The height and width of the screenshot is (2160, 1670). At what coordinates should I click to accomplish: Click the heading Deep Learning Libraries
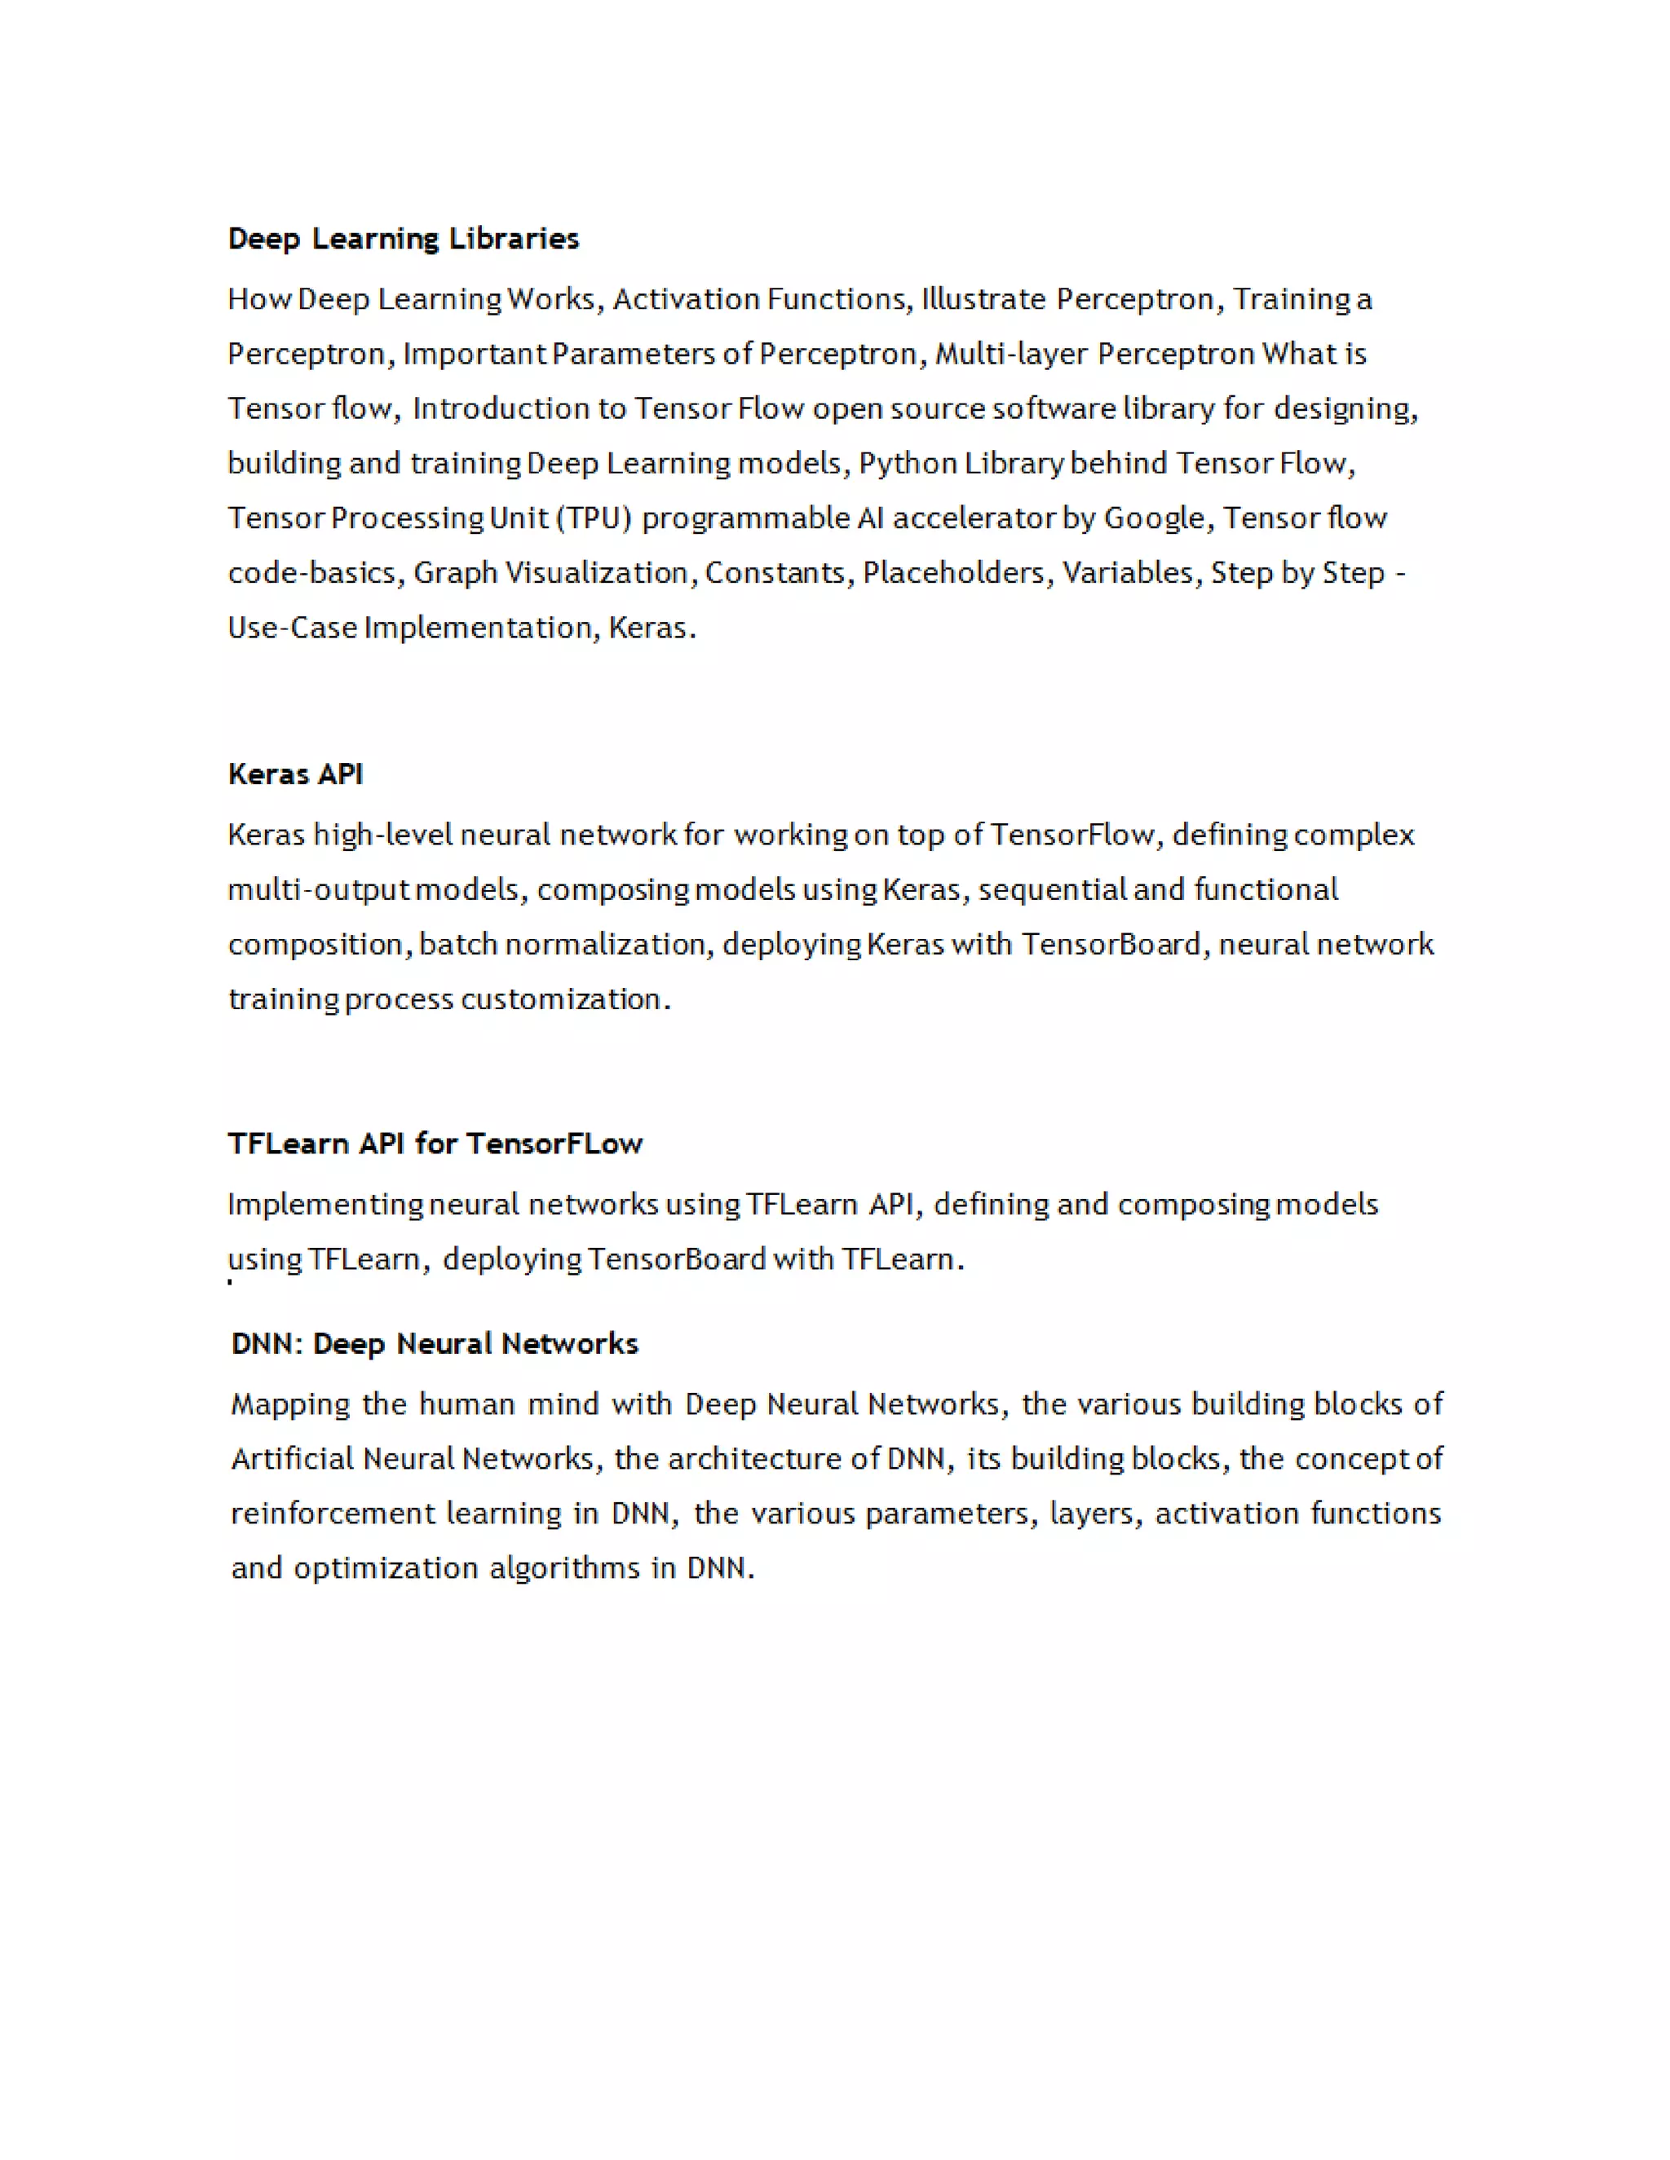403,238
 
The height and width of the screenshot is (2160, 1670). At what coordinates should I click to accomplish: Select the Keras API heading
295,774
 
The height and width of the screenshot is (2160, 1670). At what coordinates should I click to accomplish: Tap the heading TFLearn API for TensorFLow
435,1144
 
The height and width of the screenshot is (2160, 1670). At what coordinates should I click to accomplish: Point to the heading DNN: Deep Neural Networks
435,1344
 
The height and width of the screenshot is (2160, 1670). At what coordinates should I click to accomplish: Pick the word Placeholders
952,574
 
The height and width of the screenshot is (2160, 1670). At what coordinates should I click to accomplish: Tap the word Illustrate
983,298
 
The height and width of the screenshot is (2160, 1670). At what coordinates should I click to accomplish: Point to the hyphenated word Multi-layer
1011,354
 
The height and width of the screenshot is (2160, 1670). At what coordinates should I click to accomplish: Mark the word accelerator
974,518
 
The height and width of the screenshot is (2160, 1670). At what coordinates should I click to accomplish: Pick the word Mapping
289,1405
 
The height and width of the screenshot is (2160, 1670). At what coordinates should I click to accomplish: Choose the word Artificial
292,1460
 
